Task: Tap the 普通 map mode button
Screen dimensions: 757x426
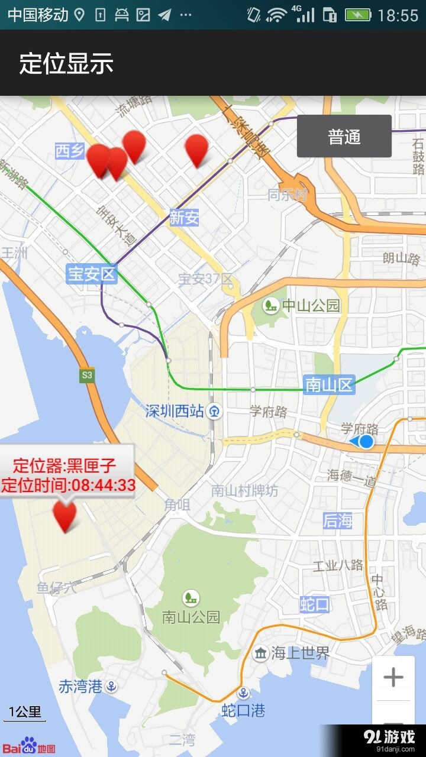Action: click(344, 137)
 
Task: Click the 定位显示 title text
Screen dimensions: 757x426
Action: click(66, 63)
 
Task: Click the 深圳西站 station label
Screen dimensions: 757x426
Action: click(175, 410)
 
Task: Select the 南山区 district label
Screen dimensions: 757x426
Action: click(328, 385)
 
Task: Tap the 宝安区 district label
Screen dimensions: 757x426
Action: click(92, 274)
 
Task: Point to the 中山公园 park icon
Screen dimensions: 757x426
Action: click(271, 305)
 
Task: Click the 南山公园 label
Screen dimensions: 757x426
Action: click(191, 617)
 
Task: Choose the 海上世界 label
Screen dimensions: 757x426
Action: click(300, 653)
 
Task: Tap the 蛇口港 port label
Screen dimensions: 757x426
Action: click(243, 710)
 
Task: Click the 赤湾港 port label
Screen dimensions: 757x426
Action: click(81, 686)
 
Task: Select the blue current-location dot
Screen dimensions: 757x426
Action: click(367, 441)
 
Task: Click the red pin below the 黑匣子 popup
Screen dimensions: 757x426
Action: click(65, 515)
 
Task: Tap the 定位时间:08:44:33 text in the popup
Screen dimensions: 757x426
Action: click(68, 485)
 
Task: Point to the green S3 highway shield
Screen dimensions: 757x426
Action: click(88, 374)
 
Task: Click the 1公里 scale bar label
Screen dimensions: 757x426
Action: click(24, 711)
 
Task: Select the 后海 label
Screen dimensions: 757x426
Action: click(338, 520)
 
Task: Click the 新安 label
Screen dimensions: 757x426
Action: click(184, 218)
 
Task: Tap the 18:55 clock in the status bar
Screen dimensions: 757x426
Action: click(398, 15)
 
